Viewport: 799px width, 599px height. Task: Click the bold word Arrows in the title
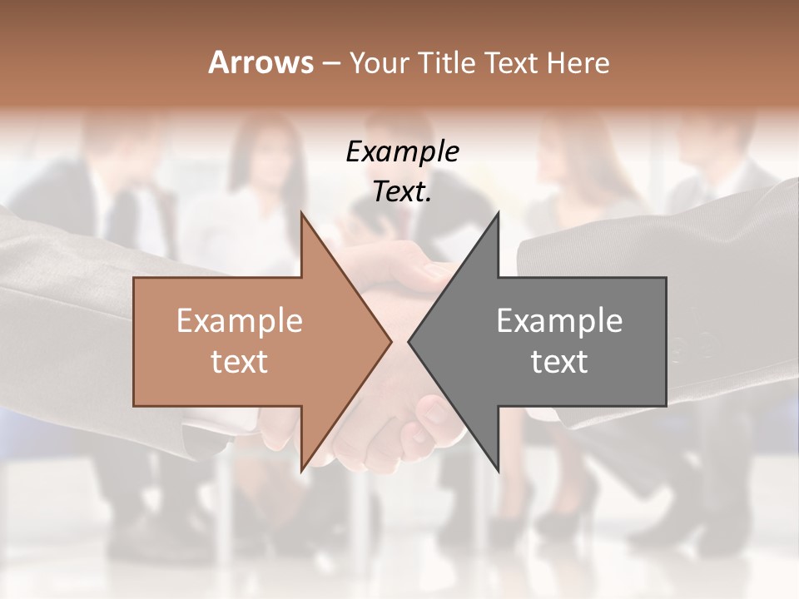[x=261, y=62]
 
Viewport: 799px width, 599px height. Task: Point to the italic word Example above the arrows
[x=403, y=151]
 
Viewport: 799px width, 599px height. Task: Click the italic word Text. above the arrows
[x=403, y=192]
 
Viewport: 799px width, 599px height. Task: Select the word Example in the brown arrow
[x=240, y=320]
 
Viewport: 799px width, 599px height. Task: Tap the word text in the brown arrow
[x=240, y=362]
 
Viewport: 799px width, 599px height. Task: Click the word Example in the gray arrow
[x=559, y=320]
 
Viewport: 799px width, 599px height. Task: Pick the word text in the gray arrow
[x=559, y=362]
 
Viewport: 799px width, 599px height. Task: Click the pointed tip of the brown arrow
[x=391, y=341]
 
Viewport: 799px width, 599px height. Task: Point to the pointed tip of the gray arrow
[x=409, y=341]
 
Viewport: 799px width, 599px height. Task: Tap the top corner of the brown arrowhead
[x=301, y=213]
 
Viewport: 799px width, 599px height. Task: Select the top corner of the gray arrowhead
[x=498, y=213]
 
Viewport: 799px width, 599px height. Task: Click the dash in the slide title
[x=330, y=63]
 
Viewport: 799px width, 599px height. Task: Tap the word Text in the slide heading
[x=512, y=62]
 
